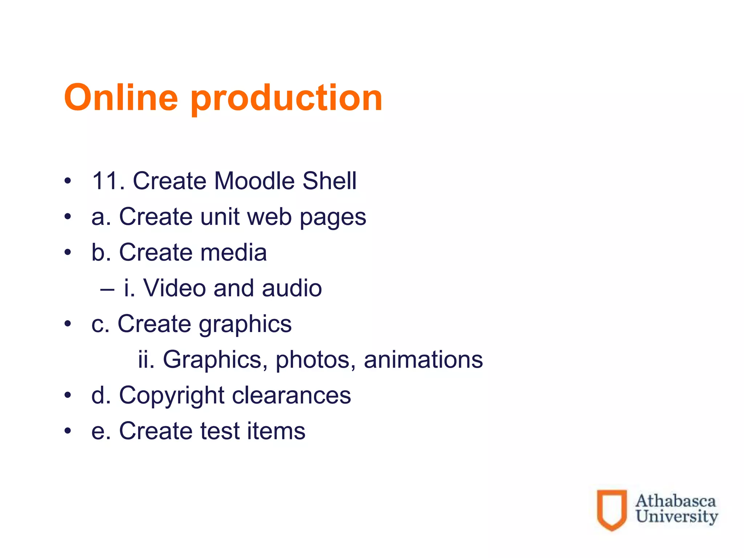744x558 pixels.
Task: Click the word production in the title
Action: click(286, 99)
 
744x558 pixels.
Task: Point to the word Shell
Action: click(329, 181)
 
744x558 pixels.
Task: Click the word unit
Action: click(220, 217)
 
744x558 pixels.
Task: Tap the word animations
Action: click(423, 360)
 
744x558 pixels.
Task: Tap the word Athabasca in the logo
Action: click(675, 501)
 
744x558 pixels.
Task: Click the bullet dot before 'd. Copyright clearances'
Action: click(68, 395)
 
